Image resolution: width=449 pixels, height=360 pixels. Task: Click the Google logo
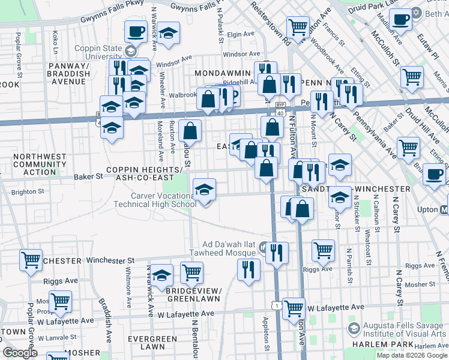[x=20, y=353]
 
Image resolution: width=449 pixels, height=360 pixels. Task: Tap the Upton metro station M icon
[x=444, y=210]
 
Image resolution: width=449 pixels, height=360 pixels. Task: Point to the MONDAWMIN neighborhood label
[x=221, y=72]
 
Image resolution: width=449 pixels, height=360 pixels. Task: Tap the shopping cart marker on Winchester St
[x=31, y=259]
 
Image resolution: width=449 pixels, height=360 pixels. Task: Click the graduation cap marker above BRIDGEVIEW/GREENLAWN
[x=161, y=275]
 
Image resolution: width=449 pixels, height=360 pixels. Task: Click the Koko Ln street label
[x=55, y=41]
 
